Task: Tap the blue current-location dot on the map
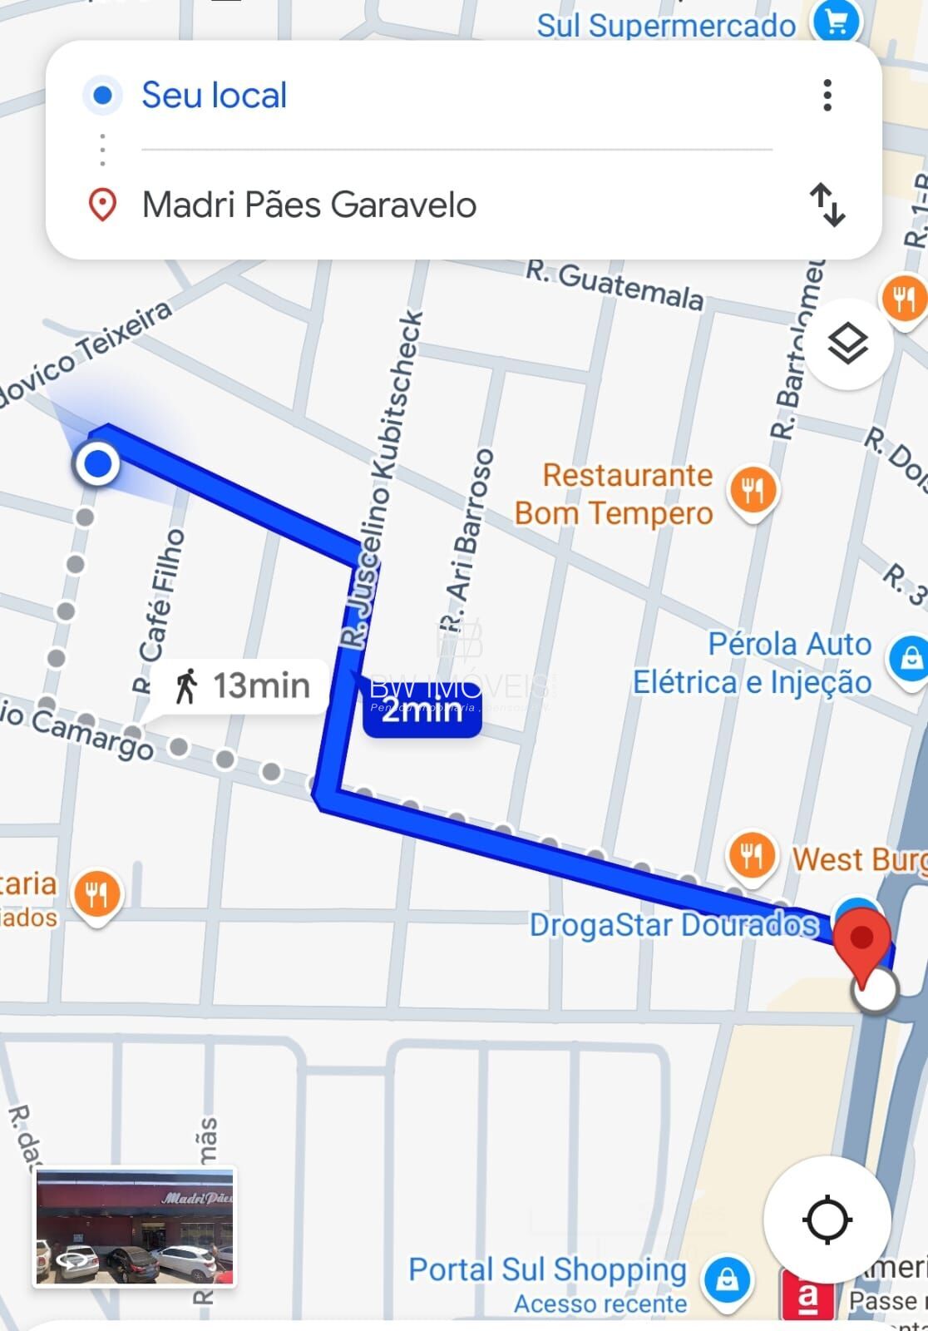[x=98, y=463]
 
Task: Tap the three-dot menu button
[x=827, y=96]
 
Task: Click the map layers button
[x=848, y=343]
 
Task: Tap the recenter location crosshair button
[x=827, y=1220]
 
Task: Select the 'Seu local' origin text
[x=214, y=96]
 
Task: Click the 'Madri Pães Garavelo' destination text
[x=309, y=205]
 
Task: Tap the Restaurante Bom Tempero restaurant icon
[x=753, y=491]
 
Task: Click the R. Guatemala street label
[x=615, y=284]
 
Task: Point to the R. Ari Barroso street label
[x=466, y=540]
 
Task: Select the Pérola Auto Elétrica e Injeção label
[x=752, y=663]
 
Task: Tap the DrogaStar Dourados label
[x=674, y=925]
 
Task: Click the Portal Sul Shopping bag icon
[x=726, y=1279]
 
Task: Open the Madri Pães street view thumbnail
[x=135, y=1228]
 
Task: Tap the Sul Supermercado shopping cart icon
[x=835, y=23]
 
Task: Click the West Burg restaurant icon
[x=752, y=856]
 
